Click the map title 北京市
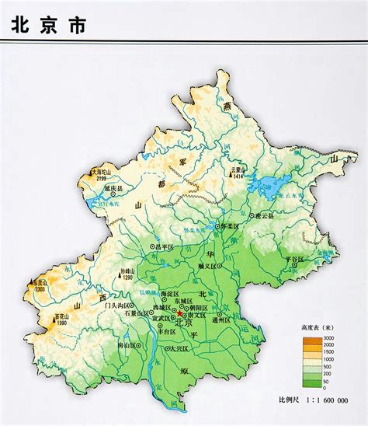click(47, 24)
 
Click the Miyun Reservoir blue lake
click(273, 187)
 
